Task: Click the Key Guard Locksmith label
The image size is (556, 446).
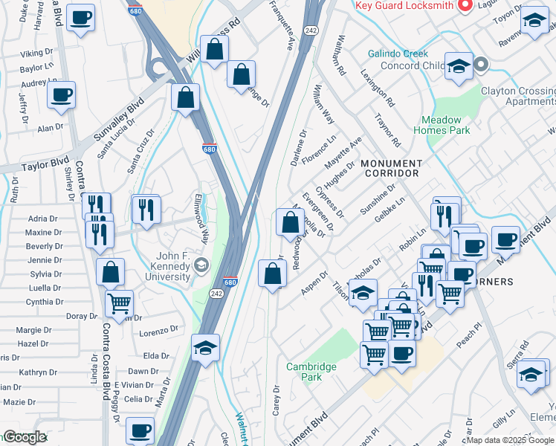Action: [404, 5]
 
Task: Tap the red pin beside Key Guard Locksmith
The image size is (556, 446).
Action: [466, 6]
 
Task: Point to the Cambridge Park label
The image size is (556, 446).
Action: [311, 372]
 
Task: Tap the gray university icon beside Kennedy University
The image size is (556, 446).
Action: [201, 265]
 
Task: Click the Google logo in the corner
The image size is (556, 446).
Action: [25, 437]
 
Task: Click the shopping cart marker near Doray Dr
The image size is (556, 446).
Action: [119, 304]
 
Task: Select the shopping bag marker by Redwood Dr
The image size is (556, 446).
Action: [289, 222]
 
